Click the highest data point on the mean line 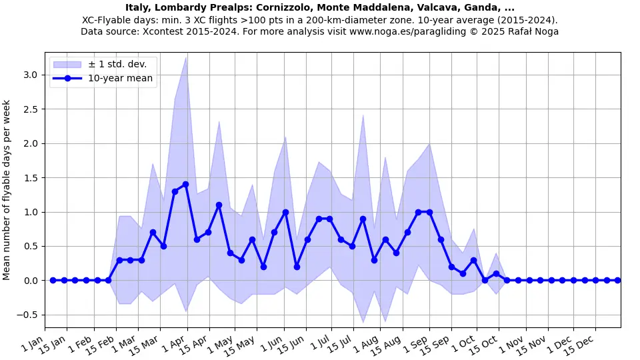pos(186,184)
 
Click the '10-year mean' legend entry pos(120,79)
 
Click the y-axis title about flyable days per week pos(7,190)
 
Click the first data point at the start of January pos(53,280)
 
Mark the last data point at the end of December pos(617,280)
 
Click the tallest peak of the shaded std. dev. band pos(186,57)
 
